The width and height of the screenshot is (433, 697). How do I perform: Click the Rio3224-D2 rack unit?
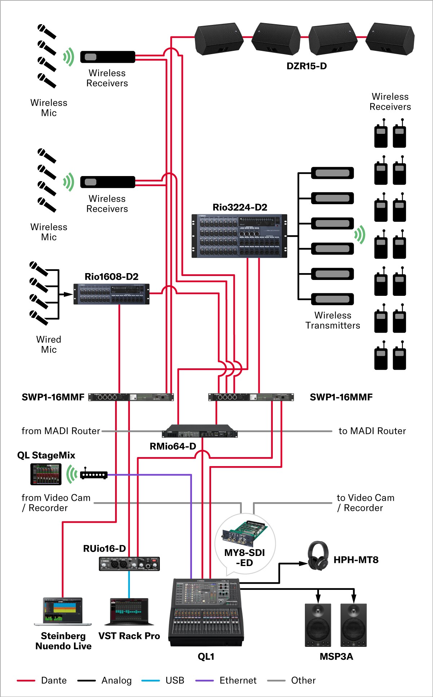point(239,236)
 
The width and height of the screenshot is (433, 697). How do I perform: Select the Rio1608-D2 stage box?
point(111,294)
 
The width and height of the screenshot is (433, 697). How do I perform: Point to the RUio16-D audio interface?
point(129,564)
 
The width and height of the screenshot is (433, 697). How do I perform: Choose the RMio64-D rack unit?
point(200,431)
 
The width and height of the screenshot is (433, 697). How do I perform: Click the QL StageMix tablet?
point(46,474)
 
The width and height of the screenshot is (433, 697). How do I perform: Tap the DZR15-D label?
point(307,66)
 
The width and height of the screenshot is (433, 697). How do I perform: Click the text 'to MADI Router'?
point(372,431)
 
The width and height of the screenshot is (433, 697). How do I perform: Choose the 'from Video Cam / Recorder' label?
point(56,503)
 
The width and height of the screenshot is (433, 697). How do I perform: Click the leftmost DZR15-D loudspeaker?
point(219,39)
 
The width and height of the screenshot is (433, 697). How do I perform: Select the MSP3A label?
point(336,656)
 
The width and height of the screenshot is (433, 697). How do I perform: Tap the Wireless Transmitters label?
point(333,320)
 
